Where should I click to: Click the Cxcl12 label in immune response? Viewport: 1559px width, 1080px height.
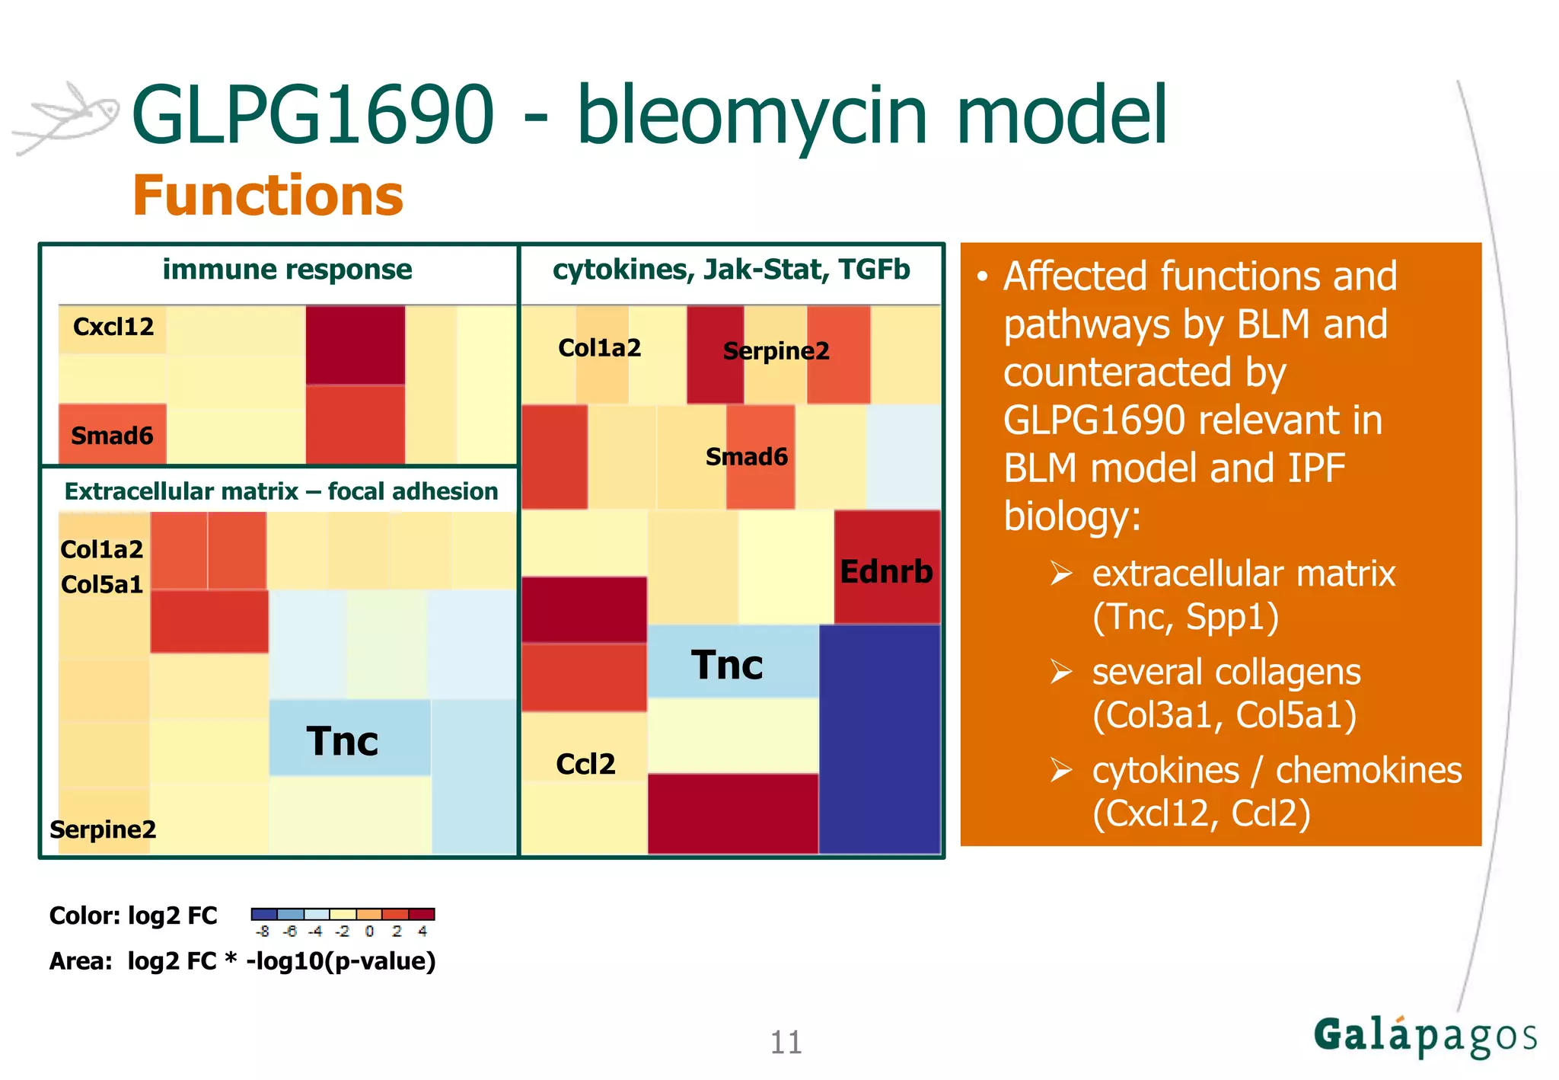tap(113, 327)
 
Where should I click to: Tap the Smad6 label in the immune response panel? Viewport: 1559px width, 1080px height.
tap(112, 436)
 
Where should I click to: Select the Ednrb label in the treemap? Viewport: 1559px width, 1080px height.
tap(886, 571)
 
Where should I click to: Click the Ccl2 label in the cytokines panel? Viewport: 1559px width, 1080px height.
tap(585, 764)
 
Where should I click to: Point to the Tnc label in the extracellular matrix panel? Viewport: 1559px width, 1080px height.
tap(343, 741)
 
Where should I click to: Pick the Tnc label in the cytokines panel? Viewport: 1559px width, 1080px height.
tap(727, 665)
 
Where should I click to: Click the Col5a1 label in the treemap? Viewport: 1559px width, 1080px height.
tap(102, 584)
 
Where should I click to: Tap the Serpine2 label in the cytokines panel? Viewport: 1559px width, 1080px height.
tap(776, 351)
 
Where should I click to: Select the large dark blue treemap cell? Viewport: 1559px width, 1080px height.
tap(879, 739)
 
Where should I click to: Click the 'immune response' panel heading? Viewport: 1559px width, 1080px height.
tap(287, 270)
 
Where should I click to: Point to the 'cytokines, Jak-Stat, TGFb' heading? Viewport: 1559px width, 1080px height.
tap(731, 270)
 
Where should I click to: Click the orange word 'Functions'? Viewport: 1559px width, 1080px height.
tap(268, 196)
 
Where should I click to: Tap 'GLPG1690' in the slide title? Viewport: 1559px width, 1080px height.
tap(313, 115)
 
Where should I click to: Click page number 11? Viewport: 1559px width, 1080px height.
tap(786, 1042)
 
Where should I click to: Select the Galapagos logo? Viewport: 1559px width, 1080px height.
tap(1424, 1037)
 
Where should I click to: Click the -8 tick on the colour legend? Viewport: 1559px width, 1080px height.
tap(263, 931)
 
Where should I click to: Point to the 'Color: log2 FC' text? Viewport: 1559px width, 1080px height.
tap(133, 915)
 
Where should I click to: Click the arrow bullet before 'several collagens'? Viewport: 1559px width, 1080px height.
tap(1061, 672)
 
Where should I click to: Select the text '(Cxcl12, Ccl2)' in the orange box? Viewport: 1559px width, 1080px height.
tap(1201, 813)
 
